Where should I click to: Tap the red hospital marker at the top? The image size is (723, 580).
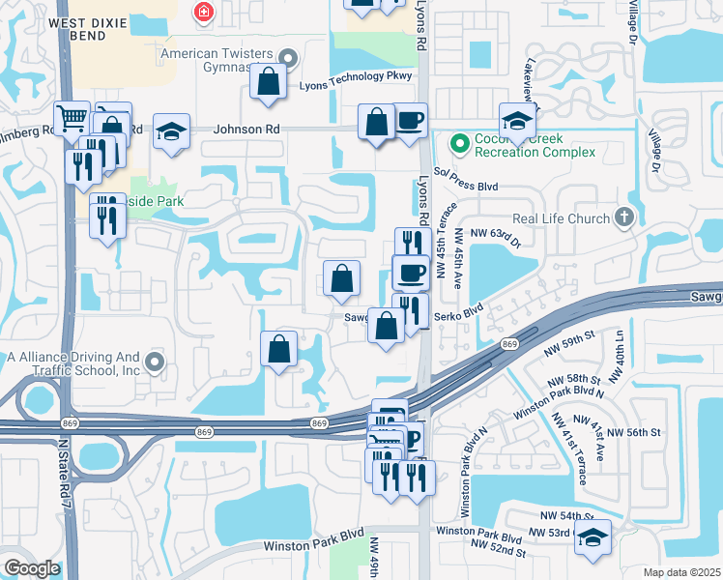tap(203, 12)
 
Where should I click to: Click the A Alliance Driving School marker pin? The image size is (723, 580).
tap(155, 363)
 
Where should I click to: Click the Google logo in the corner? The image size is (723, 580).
tap(32, 568)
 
